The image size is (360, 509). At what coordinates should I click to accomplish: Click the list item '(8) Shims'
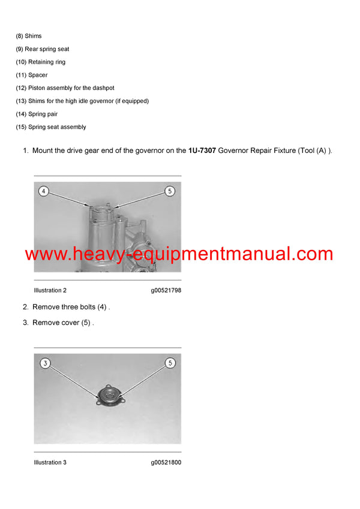[x=29, y=36]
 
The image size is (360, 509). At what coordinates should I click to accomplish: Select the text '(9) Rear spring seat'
[x=43, y=49]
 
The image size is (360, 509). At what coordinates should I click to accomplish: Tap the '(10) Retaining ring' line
[x=41, y=62]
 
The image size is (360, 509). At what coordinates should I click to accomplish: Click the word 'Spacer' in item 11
[x=38, y=76]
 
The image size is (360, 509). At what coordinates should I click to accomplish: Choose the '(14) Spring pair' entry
[x=37, y=114]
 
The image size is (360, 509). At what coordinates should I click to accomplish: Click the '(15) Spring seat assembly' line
[x=51, y=127]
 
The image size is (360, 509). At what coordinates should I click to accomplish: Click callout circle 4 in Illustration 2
[x=43, y=191]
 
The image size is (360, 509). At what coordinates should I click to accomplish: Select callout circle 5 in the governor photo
[x=170, y=191]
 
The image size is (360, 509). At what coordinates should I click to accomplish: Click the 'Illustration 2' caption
[x=50, y=290]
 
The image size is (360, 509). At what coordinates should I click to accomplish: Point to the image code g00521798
[x=166, y=290]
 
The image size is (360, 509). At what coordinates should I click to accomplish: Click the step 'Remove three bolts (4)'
[x=71, y=307]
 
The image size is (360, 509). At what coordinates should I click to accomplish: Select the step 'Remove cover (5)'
[x=63, y=323]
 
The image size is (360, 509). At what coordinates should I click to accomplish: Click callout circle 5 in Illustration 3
[x=170, y=363]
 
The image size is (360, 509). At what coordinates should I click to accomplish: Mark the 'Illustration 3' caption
[x=50, y=462]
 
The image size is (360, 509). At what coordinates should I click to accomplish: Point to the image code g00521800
[x=166, y=462]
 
